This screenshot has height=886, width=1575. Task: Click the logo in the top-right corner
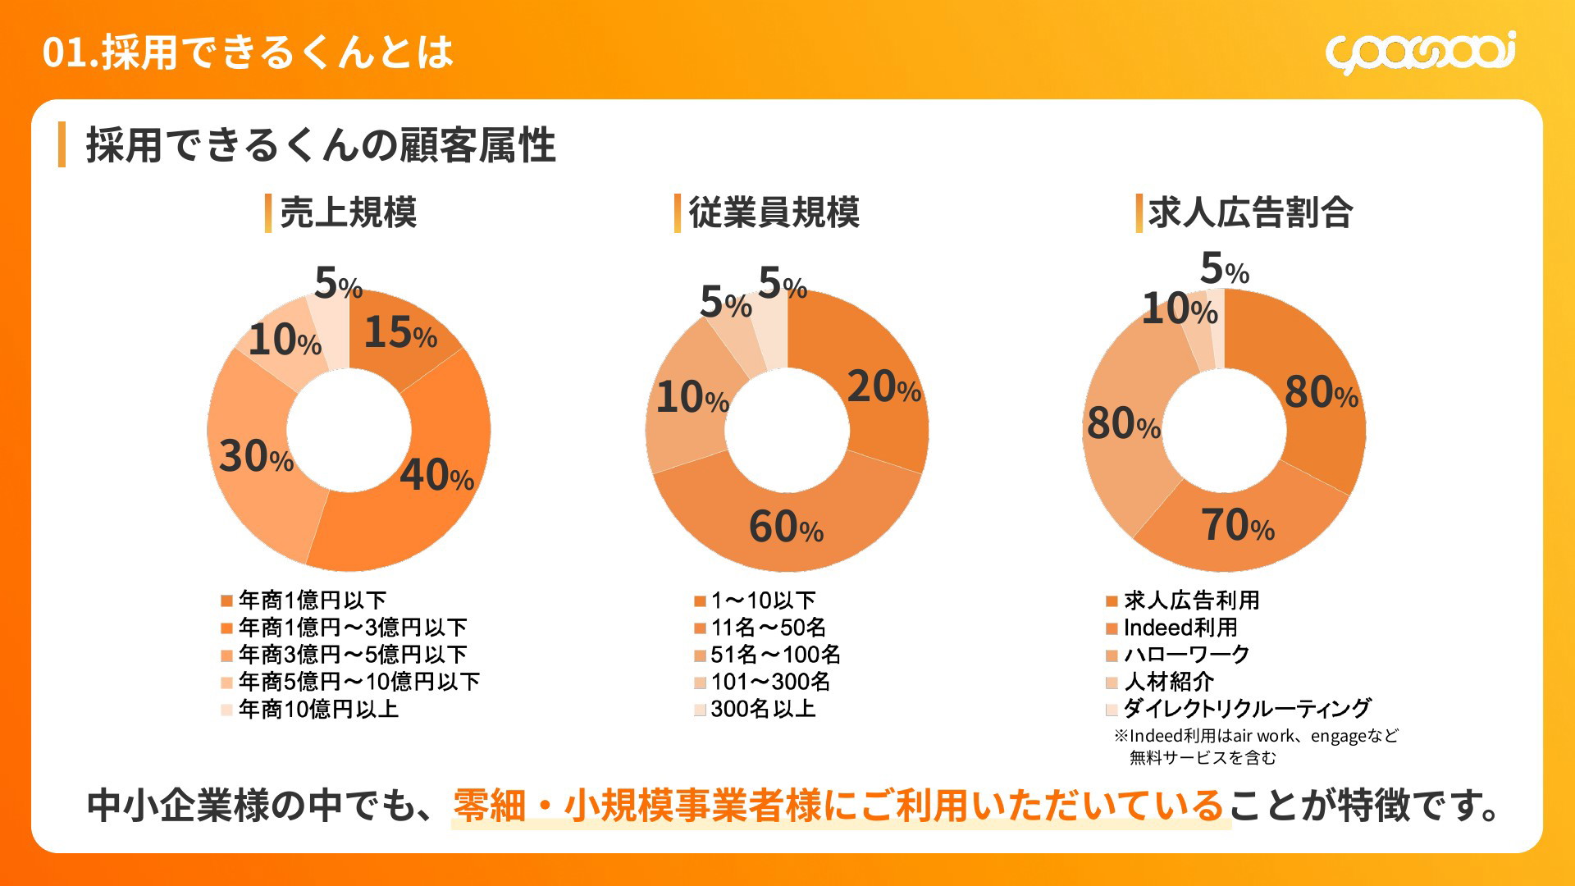tap(1420, 53)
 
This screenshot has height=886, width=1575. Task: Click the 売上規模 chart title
tap(348, 213)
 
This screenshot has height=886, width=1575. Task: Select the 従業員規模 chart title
tap(774, 213)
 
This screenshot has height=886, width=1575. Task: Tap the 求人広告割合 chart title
tap(1249, 213)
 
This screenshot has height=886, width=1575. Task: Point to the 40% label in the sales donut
tap(436, 476)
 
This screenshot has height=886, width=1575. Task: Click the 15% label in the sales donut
tap(400, 333)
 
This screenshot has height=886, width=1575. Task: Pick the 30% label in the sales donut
tap(256, 457)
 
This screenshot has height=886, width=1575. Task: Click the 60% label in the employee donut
tap(786, 527)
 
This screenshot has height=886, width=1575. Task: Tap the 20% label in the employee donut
tap(883, 387)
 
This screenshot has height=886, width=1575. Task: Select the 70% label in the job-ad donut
tap(1237, 526)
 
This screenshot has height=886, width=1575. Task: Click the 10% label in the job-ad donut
tap(1180, 310)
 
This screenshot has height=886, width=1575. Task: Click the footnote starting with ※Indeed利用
tap(1255, 746)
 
